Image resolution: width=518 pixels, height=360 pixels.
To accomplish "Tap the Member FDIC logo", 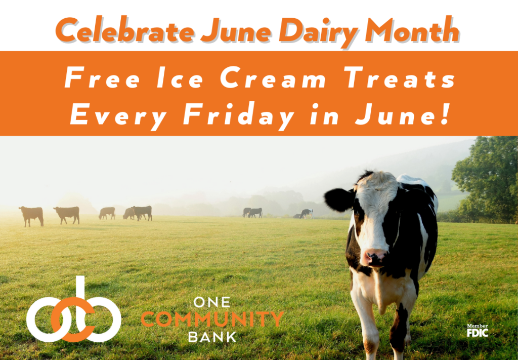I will click(x=477, y=330).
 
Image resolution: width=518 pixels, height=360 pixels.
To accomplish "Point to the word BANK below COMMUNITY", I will click(x=212, y=336).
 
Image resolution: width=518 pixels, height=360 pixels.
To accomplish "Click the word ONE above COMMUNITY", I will click(x=212, y=303).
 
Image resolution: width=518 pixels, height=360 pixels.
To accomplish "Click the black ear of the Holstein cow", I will click(x=337, y=199).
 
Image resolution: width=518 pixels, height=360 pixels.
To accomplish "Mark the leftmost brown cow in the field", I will click(x=31, y=215).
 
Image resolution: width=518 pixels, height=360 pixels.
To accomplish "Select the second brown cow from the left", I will click(x=67, y=214).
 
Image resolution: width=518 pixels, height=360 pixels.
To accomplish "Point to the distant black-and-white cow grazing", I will click(x=306, y=214).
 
